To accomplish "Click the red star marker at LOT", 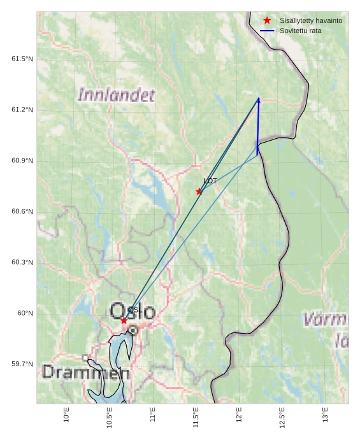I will point(199,191).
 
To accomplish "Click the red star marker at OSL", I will point(124,320).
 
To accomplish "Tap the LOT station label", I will point(210,181).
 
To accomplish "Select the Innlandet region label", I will point(116,96).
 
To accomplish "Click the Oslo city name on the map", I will point(133,312).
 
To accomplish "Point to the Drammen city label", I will point(86,373).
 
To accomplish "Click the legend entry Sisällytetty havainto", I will point(310,20).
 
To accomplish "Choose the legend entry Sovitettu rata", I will point(300,31).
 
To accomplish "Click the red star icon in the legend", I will point(267,20).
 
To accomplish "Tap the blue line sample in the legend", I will point(267,31).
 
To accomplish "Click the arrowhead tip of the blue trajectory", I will point(259,98).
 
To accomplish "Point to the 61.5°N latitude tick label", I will point(22,59).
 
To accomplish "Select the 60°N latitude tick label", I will point(25,313).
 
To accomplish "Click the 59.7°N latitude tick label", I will point(22,364).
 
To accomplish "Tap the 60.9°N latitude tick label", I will point(22,160).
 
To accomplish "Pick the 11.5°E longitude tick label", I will point(196,418).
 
